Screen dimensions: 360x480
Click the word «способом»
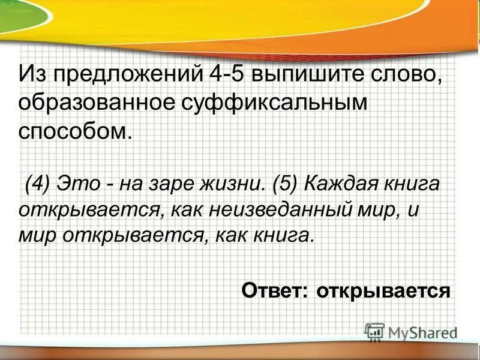coord(74,130)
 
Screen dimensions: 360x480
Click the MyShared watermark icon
coord(374,331)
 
